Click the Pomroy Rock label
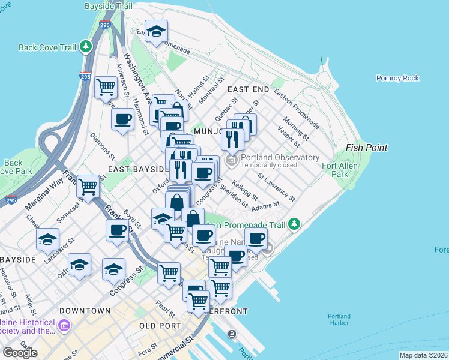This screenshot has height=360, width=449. [x=397, y=78]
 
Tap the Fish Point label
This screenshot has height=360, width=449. [x=367, y=148]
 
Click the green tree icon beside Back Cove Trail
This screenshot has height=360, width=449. [x=86, y=46]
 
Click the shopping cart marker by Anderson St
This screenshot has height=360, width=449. [x=106, y=87]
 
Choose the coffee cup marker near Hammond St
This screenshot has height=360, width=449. [x=123, y=119]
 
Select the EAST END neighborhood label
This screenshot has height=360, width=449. [x=248, y=89]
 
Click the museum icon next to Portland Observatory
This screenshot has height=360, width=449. [x=231, y=161]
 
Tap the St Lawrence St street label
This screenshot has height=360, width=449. [x=277, y=187]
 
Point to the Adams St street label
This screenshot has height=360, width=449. [x=266, y=206]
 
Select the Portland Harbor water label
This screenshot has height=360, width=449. [x=339, y=319]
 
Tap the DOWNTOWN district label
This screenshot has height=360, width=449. [x=85, y=311]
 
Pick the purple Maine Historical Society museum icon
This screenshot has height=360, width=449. [x=64, y=326]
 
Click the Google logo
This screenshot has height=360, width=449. [x=20, y=353]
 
